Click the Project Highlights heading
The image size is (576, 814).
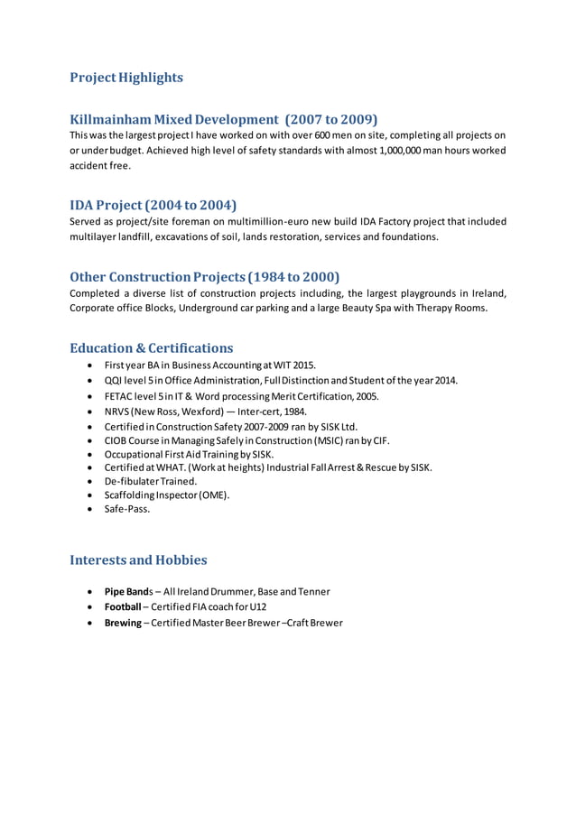[126, 78]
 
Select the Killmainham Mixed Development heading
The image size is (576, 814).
[223, 119]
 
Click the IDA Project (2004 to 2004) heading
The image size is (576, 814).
[153, 205]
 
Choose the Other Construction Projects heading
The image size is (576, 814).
[204, 276]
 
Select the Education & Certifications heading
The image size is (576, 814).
[152, 347]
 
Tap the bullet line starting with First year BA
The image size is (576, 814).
[210, 365]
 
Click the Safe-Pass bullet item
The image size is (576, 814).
[127, 509]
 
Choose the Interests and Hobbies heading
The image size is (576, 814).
[138, 560]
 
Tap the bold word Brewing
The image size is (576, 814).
[124, 623]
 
